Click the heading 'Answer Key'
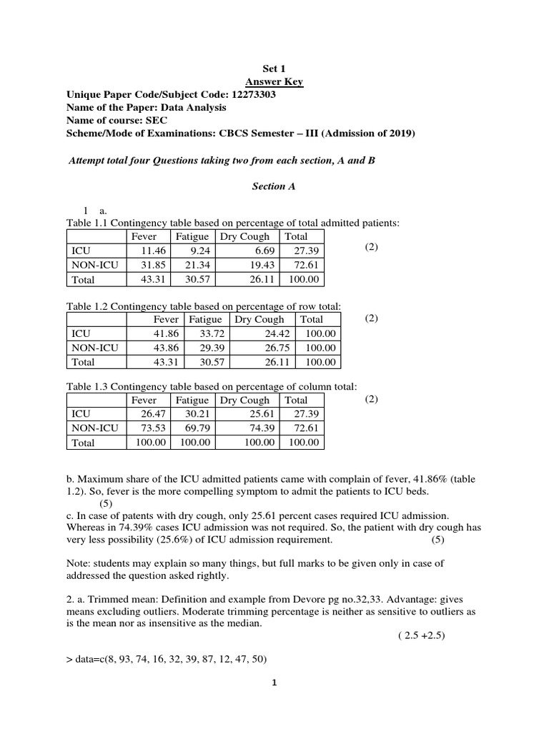click(274, 82)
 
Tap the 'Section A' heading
click(274, 186)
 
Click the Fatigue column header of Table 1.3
click(192, 400)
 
